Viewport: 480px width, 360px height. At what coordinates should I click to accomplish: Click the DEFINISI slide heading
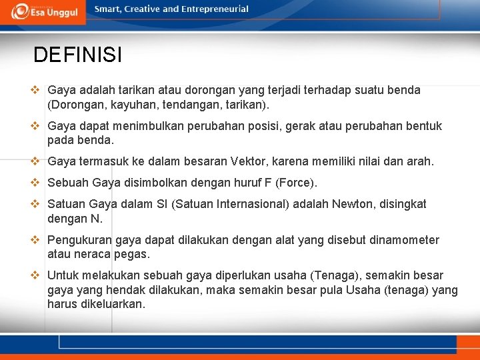click(x=77, y=55)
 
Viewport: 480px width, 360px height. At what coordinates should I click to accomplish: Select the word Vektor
click(x=249, y=161)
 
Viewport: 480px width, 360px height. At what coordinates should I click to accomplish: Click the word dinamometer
click(x=405, y=240)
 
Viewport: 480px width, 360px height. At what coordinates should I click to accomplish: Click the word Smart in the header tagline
click(x=109, y=9)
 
